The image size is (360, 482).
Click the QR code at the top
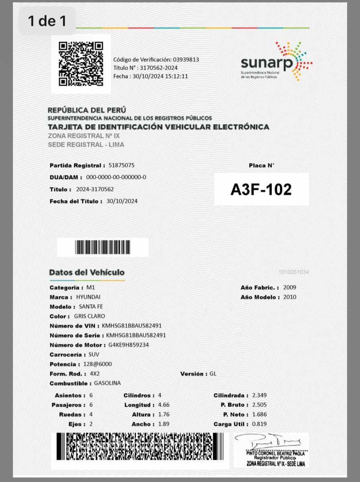(x=81, y=64)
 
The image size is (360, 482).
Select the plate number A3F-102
(x=261, y=190)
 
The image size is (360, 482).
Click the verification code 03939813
(x=186, y=59)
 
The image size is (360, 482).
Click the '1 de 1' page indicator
(x=47, y=21)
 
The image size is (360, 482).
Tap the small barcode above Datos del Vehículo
(x=103, y=247)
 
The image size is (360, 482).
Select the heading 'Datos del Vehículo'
(x=87, y=272)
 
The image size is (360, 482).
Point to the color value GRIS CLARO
(x=89, y=316)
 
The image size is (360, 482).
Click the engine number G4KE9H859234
(x=129, y=345)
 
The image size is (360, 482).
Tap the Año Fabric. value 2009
(x=290, y=288)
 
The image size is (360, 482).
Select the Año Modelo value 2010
(x=290, y=297)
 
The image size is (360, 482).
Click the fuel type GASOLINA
(x=107, y=383)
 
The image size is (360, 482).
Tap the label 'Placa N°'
(x=261, y=165)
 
